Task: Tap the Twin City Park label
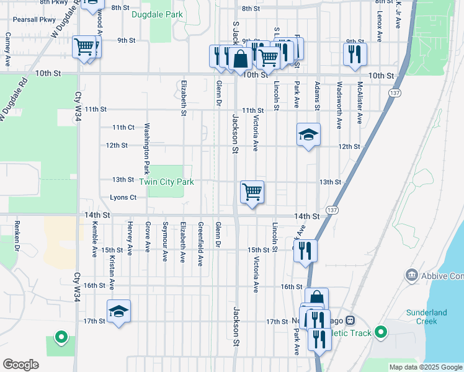pyautogui.click(x=166, y=182)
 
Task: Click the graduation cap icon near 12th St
pyautogui.click(x=308, y=135)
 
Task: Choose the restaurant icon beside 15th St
pyautogui.click(x=305, y=250)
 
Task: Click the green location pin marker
pyautogui.click(x=61, y=337)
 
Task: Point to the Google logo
pyautogui.click(x=20, y=365)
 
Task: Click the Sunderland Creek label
pyautogui.click(x=426, y=317)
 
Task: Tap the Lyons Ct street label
pyautogui.click(x=122, y=198)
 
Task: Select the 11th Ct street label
pyautogui.click(x=123, y=127)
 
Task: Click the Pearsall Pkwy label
pyautogui.click(x=31, y=19)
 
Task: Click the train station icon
pyautogui.click(x=350, y=321)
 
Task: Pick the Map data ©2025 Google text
pyautogui.click(x=425, y=367)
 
